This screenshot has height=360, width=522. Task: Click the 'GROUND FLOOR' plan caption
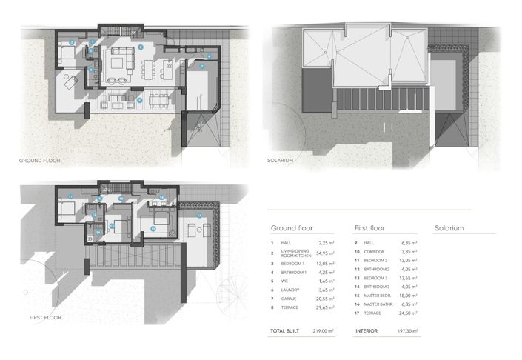(x=39, y=160)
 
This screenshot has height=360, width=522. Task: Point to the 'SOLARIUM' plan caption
(x=281, y=160)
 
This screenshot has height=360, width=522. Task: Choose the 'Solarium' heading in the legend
(x=449, y=228)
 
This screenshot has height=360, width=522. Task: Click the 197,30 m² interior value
(x=407, y=332)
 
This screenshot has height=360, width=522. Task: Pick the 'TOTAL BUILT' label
(x=285, y=332)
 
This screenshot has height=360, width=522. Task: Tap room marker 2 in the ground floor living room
(x=140, y=47)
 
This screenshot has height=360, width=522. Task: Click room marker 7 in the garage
(x=201, y=67)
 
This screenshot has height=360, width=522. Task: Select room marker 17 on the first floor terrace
(x=198, y=216)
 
